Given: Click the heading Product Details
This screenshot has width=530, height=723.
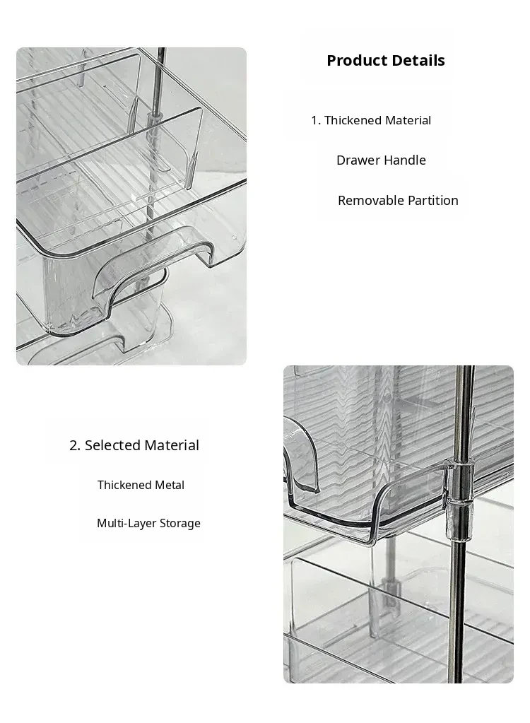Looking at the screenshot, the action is [x=386, y=60].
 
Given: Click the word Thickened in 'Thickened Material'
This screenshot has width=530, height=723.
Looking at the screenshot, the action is [x=353, y=120].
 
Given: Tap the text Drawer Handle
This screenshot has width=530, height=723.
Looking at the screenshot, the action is [x=381, y=160].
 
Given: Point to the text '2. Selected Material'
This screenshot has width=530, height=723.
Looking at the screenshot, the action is [x=134, y=445].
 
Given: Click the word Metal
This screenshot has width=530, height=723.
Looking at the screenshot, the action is [x=170, y=485].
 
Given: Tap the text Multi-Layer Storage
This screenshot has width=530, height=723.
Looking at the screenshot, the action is [x=148, y=524].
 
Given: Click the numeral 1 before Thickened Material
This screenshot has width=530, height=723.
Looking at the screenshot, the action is [x=314, y=120].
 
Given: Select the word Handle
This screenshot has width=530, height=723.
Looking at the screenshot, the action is [x=405, y=160].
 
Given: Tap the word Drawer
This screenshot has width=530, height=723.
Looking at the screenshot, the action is [x=358, y=160].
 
